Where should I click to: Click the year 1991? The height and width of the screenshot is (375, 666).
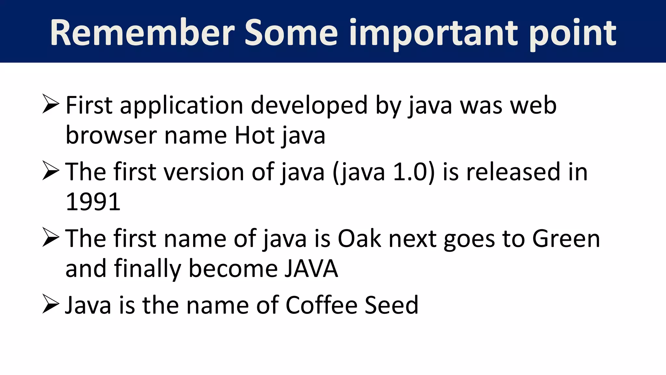(x=93, y=202)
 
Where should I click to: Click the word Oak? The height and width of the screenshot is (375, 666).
(x=359, y=239)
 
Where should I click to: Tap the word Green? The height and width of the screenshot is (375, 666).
(x=566, y=239)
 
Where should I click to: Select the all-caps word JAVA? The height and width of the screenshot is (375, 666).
(x=311, y=269)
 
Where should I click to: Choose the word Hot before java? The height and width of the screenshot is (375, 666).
(x=255, y=135)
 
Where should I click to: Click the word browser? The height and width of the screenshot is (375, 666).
(x=111, y=135)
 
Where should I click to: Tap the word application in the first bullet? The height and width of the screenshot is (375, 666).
(x=181, y=106)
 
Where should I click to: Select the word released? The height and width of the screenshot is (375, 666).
(x=513, y=172)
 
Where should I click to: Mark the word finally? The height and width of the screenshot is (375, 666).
(x=147, y=269)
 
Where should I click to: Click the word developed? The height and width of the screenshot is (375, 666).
(x=309, y=106)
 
